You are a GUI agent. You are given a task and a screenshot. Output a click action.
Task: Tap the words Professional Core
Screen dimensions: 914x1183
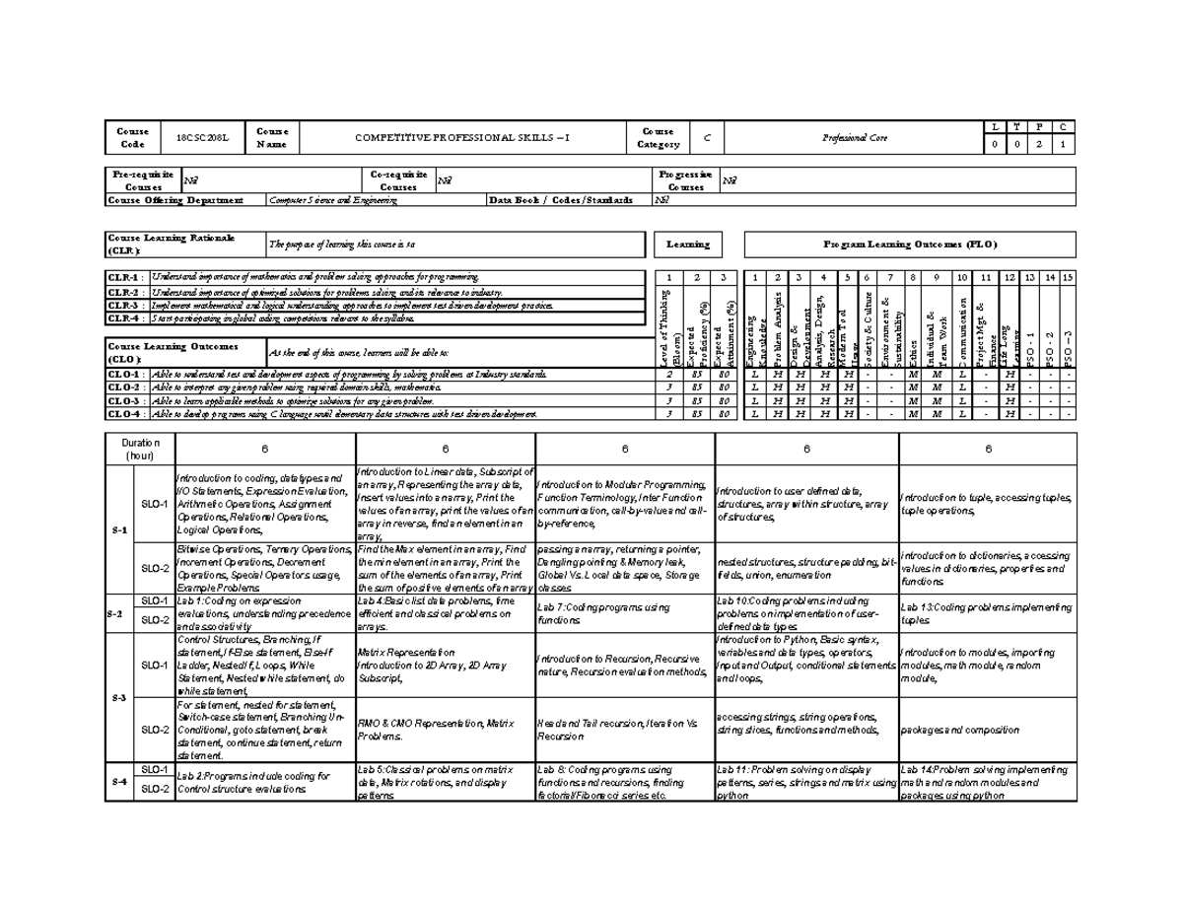point(857,138)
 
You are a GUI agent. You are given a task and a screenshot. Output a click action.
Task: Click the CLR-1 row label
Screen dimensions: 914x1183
point(124,277)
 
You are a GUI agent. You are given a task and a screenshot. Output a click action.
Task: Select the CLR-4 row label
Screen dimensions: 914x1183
point(124,318)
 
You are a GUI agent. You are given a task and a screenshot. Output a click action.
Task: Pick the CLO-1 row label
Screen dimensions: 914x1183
point(124,377)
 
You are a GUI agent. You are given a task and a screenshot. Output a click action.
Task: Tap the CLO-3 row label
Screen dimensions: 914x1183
point(124,401)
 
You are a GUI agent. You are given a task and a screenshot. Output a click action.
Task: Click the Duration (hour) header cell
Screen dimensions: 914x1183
point(140,450)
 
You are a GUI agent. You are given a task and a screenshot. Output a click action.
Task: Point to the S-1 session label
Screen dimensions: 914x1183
point(118,529)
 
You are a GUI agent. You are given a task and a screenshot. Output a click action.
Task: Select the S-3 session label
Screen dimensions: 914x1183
point(118,697)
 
